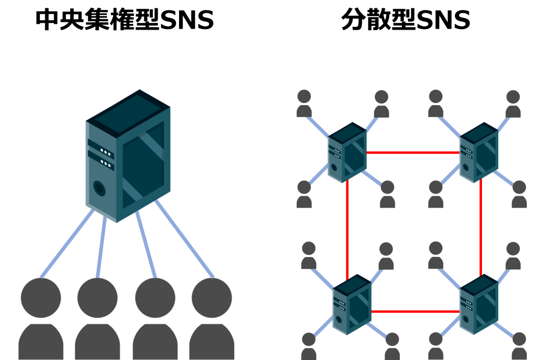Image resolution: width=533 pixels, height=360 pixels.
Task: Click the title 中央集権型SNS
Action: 125,20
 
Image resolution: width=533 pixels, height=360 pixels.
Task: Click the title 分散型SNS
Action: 406,20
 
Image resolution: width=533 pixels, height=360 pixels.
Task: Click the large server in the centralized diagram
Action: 128,156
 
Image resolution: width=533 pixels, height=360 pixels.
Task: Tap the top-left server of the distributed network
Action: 347,152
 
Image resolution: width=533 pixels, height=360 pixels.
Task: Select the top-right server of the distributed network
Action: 479,152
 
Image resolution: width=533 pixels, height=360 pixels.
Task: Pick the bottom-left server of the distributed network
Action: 352,305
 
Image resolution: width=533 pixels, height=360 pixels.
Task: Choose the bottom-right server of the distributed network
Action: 479,305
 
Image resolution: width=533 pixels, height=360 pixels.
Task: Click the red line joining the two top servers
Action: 413,153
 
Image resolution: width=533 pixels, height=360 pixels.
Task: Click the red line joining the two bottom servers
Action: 415,312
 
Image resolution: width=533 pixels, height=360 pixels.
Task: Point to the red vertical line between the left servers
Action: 347,230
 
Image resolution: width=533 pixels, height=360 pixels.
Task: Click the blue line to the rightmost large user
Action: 185,239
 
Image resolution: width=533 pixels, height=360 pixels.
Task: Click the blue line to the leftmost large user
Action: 67,243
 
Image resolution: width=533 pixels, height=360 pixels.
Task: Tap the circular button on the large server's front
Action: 99,188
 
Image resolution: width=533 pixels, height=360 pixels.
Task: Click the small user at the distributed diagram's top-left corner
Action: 304,104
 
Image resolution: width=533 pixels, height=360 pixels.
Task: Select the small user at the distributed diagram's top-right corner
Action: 513,104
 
